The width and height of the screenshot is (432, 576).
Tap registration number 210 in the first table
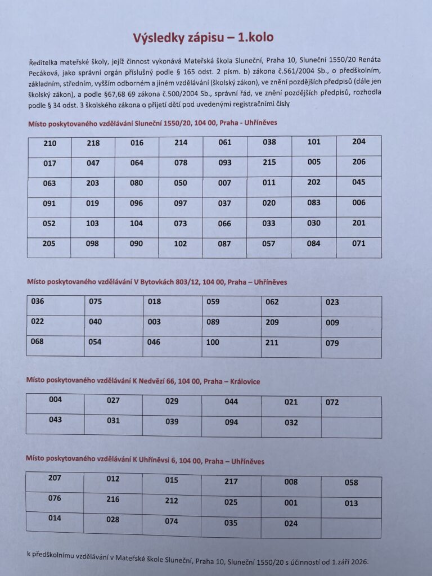(50, 143)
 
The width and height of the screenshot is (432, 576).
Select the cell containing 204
(358, 141)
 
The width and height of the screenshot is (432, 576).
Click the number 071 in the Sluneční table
(358, 244)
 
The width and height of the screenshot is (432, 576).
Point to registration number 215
(269, 162)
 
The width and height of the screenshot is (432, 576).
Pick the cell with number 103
(93, 223)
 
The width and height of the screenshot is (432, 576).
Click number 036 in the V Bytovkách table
(38, 301)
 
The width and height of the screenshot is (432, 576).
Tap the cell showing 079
(332, 343)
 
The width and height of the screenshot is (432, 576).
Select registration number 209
(272, 322)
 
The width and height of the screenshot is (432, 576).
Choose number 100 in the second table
(213, 342)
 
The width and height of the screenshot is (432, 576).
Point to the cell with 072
(332, 402)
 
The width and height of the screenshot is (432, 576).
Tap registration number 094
(231, 422)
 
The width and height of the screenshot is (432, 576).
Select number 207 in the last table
(55, 478)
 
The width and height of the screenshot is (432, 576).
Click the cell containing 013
(351, 503)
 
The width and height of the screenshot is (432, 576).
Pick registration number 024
(291, 524)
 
